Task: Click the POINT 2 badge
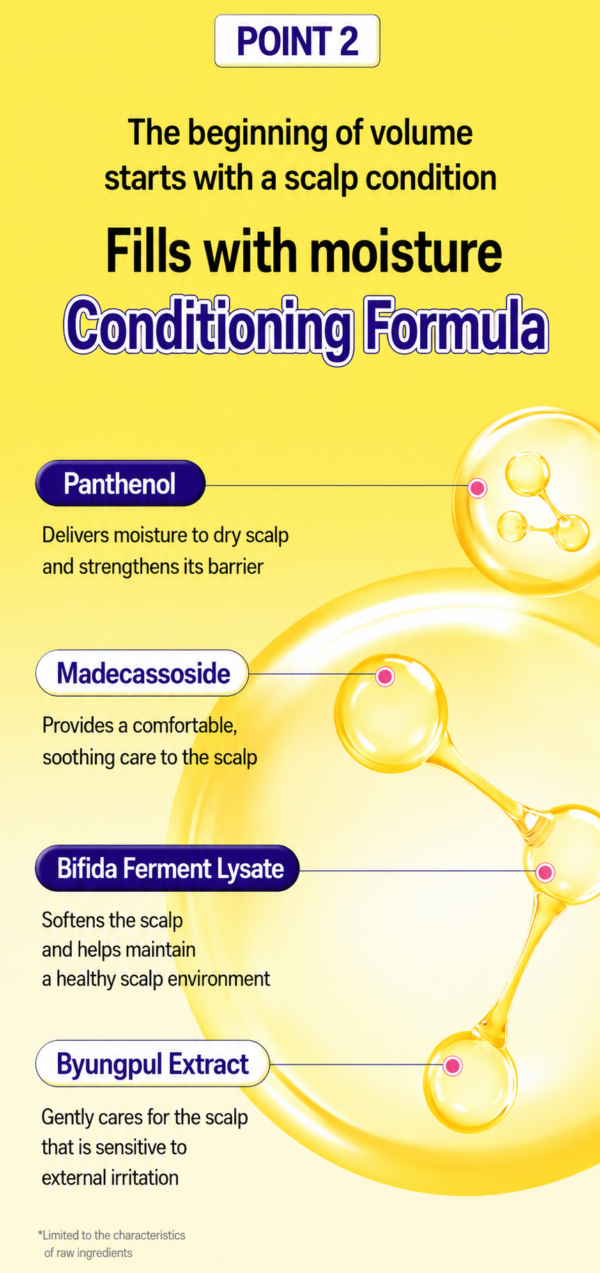click(298, 41)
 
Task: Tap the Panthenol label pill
click(121, 483)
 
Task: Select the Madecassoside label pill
click(142, 673)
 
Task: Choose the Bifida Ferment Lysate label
click(167, 868)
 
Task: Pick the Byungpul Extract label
click(153, 1063)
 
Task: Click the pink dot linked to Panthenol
click(477, 488)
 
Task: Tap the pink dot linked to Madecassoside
click(385, 676)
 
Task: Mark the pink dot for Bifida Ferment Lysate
click(545, 872)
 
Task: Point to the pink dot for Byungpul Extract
click(453, 1065)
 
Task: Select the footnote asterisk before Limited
click(40, 1234)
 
